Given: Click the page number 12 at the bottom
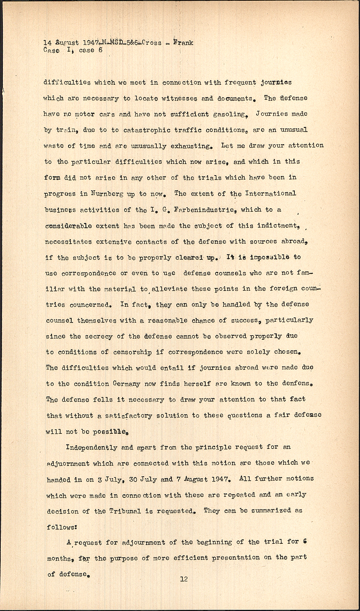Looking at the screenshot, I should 184,579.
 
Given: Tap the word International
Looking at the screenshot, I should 270,193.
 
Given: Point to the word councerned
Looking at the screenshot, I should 90,305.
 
